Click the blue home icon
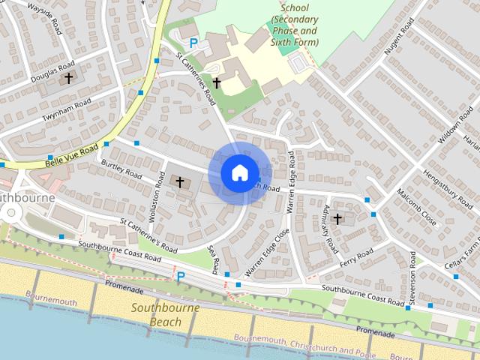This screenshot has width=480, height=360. pyautogui.click(x=238, y=172)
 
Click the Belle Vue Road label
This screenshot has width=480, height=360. pyautogui.click(x=72, y=151)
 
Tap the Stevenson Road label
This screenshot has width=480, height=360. pyautogui.click(x=413, y=286)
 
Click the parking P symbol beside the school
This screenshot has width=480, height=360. pyautogui.click(x=193, y=44)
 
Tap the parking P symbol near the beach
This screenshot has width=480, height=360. pyautogui.click(x=180, y=277)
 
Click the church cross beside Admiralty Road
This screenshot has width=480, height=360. pyautogui.click(x=337, y=219)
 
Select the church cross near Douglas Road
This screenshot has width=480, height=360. pyautogui.click(x=69, y=77)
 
